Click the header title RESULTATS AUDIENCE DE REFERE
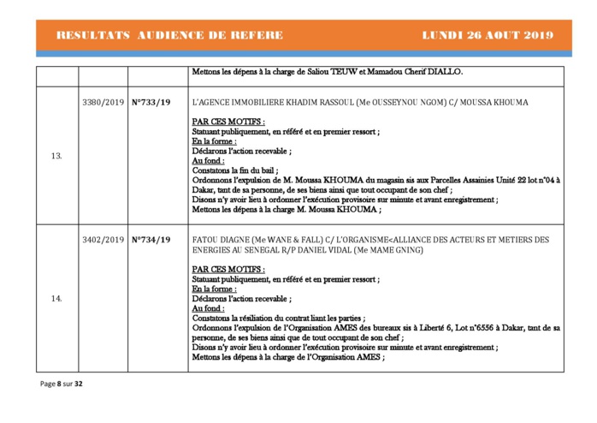pos(168,35)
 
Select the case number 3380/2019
pos(103,103)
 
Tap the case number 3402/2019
pos(103,240)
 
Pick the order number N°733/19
pos(151,103)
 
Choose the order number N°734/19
pos(151,240)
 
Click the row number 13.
pos(56,156)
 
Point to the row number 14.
pos(56,299)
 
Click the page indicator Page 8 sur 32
pos(62,384)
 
